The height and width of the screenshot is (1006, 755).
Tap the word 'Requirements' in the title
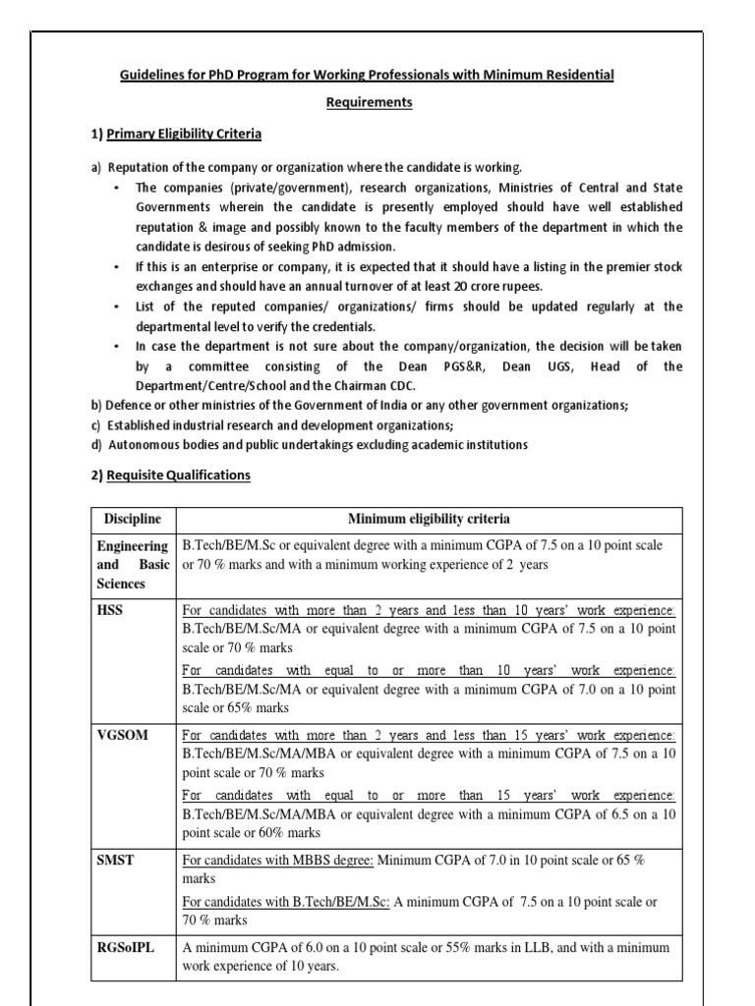[x=370, y=102]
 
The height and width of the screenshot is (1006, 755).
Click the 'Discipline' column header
[x=133, y=519]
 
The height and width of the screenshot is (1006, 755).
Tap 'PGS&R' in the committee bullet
[x=426, y=366]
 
